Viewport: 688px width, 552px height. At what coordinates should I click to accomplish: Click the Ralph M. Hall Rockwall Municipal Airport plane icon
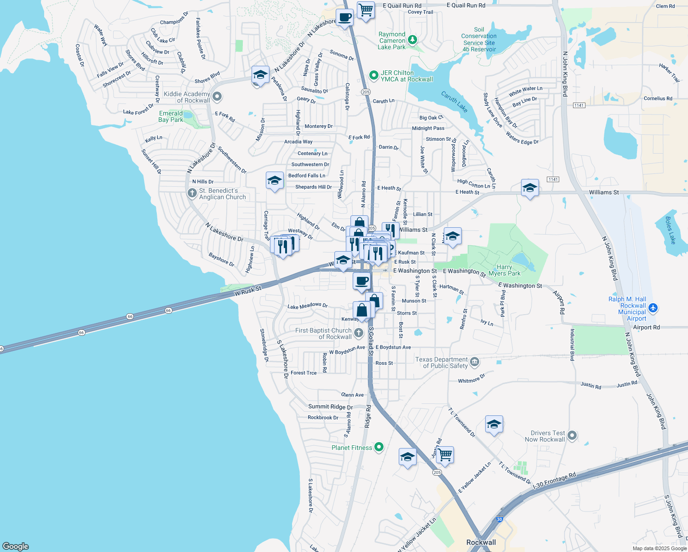tap(654, 308)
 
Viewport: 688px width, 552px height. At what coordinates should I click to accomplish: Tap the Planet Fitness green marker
tap(379, 447)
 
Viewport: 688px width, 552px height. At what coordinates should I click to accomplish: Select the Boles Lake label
tap(671, 230)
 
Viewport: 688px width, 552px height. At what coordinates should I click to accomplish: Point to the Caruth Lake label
tap(454, 102)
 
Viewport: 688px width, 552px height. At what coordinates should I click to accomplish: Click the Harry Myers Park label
tap(505, 270)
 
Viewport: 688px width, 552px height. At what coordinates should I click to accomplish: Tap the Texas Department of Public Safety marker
tap(475, 362)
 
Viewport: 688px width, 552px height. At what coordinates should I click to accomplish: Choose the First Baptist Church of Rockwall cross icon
tap(359, 332)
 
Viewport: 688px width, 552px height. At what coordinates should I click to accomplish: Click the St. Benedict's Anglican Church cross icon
tap(192, 193)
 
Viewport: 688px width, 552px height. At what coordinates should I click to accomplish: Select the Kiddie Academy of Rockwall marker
tap(217, 97)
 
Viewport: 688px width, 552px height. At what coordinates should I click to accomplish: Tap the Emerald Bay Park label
tap(171, 116)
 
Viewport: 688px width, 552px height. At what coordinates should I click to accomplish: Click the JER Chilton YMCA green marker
tap(374, 75)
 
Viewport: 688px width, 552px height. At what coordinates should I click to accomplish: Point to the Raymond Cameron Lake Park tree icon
tap(413, 40)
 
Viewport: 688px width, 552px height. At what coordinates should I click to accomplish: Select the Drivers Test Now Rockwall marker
tap(572, 435)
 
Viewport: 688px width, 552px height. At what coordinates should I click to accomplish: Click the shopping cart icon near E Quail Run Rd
tap(366, 10)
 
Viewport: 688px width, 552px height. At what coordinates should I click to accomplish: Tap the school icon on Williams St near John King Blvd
tap(530, 188)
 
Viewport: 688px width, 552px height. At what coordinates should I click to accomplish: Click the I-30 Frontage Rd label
tap(554, 481)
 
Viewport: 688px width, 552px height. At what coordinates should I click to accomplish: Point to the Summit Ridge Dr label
tap(330, 407)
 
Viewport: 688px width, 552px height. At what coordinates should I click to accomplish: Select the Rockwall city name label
tap(481, 542)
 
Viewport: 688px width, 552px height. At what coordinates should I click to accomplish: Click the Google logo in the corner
tap(15, 546)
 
